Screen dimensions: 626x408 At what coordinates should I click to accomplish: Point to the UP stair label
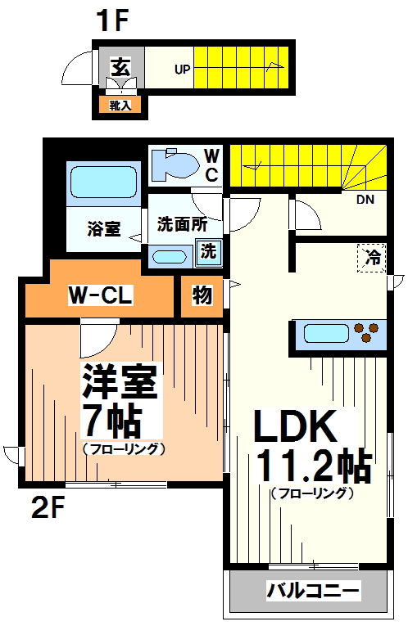pyautogui.click(x=182, y=70)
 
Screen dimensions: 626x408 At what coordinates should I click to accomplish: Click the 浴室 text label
pyautogui.click(x=104, y=229)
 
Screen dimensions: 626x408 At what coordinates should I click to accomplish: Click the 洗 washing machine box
pyautogui.click(x=209, y=252)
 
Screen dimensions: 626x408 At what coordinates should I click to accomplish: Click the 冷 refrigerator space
pyautogui.click(x=372, y=257)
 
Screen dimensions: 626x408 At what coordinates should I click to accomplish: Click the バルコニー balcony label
pyautogui.click(x=312, y=591)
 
